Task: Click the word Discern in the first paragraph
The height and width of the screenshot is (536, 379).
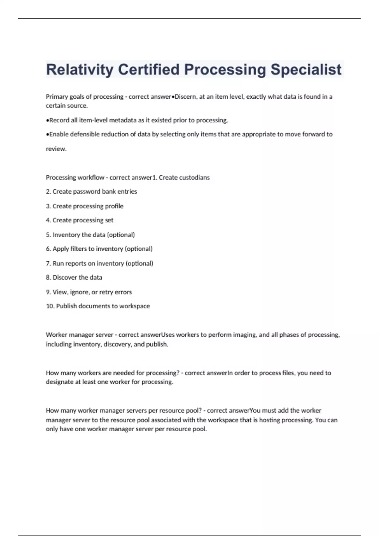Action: coord(185,97)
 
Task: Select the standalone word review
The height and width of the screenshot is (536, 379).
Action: coord(56,149)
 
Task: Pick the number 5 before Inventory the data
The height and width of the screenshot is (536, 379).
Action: coord(48,235)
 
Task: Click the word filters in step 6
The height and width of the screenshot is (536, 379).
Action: coord(79,249)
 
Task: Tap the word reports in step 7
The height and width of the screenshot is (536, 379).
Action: coord(75,263)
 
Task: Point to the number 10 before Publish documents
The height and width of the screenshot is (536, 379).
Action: coord(50,306)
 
